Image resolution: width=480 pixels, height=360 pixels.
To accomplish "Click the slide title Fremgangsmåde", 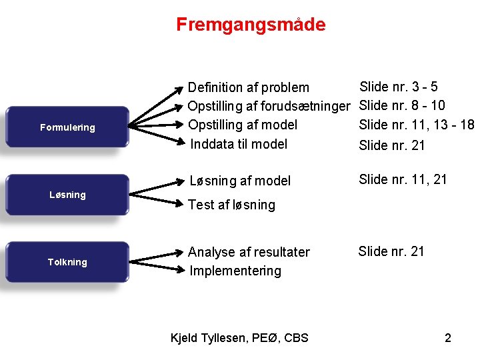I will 251,25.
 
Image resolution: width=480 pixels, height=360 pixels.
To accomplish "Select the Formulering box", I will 67,127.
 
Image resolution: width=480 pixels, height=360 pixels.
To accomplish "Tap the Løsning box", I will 67,195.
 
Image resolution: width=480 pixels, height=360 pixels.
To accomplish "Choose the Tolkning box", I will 67,262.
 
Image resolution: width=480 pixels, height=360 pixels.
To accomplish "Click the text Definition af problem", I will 248,87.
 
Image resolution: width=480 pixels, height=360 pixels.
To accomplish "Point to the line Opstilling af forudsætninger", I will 268,106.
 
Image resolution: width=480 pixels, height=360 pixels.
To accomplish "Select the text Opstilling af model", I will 242,125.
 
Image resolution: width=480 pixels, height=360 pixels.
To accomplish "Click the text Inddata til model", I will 239,144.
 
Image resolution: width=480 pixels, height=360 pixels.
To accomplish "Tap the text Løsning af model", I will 240,181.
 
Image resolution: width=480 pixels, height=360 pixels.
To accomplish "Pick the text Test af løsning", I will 231,205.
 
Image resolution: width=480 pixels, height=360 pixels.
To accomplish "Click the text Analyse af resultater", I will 249,252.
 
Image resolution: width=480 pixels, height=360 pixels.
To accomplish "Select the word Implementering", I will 235,271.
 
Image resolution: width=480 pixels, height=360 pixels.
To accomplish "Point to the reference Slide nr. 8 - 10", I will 402,105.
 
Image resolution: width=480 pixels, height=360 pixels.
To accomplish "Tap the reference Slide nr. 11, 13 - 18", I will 416,125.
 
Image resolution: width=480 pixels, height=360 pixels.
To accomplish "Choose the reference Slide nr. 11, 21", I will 403,179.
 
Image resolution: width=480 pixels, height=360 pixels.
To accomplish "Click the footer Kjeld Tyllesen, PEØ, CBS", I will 239,337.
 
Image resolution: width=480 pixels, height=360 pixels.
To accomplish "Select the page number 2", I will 448,337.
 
